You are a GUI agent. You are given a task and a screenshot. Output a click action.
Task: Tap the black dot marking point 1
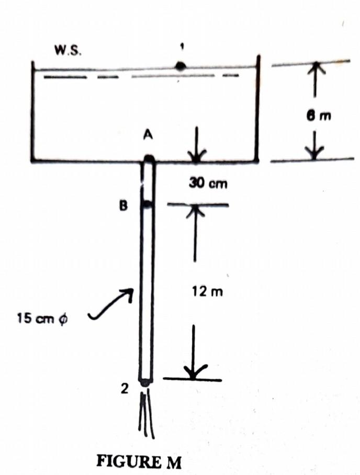[181, 66]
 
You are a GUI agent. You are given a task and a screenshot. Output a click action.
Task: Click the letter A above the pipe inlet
[148, 135]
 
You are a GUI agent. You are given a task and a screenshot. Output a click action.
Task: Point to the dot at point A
[149, 159]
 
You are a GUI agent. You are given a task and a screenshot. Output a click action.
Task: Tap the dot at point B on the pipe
[148, 205]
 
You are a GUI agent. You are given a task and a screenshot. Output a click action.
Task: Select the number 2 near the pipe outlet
[124, 388]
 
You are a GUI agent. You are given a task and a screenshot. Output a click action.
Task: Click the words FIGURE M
[139, 462]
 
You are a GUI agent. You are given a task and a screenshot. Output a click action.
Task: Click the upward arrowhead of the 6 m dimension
[314, 68]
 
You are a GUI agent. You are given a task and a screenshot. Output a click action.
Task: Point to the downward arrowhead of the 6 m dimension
[314, 154]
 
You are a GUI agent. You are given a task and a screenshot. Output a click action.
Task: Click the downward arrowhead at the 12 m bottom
[194, 372]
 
